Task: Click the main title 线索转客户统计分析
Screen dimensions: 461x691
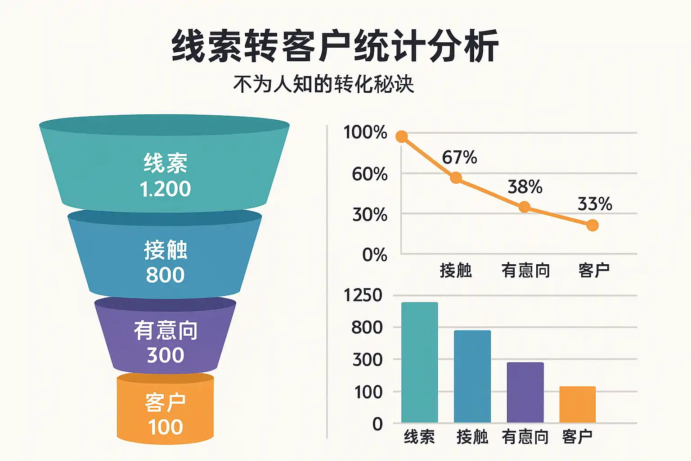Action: [335, 45]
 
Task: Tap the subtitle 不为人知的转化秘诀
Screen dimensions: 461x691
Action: [323, 84]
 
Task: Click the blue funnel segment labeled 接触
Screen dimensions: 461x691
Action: [165, 261]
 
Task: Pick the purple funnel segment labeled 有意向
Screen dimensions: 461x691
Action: [165, 342]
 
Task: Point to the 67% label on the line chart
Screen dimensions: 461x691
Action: [459, 158]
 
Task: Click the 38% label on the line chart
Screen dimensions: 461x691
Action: [525, 187]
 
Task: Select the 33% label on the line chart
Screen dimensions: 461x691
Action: [595, 204]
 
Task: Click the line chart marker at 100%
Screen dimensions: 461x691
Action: [402, 136]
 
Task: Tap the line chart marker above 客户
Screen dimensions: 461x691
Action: [592, 225]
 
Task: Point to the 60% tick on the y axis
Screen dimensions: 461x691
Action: [369, 174]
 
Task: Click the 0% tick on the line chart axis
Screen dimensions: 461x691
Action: [374, 255]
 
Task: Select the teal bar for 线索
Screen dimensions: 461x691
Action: [419, 362]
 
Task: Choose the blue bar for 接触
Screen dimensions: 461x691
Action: [472, 376]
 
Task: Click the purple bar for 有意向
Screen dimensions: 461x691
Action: [525, 392]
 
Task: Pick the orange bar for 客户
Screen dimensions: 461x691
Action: [577, 404]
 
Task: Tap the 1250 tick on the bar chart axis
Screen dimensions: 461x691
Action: [363, 295]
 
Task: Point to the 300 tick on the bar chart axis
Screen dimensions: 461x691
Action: [367, 360]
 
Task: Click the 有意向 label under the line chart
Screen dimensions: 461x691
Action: [525, 271]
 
